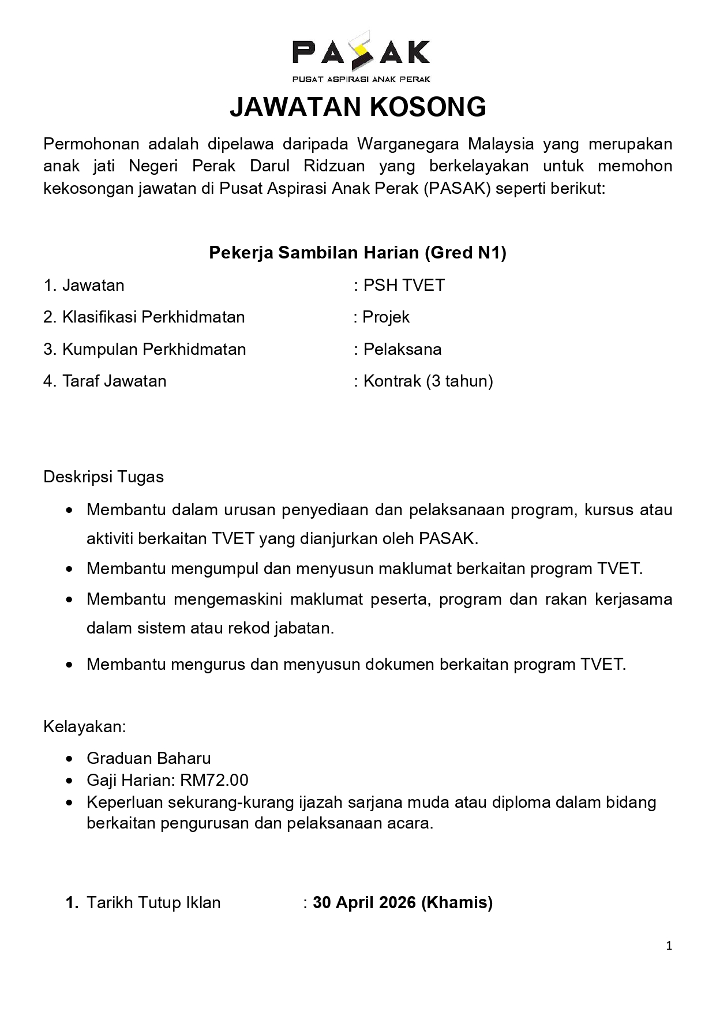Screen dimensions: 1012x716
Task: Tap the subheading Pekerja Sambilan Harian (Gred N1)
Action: pos(358,253)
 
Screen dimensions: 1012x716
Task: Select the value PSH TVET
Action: pos(404,286)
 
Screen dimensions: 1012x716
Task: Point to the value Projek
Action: pos(386,317)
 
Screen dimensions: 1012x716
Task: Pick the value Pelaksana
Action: pos(402,350)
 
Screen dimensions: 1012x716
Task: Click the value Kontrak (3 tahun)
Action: pos(428,381)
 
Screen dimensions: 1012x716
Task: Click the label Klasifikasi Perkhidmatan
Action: pos(153,317)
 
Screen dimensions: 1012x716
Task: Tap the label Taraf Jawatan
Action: pos(114,381)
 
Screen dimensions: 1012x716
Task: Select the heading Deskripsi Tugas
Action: pos(104,477)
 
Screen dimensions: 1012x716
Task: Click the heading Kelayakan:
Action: pos(85,726)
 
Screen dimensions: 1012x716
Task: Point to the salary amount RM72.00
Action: pos(214,781)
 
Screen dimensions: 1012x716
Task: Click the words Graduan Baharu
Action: pos(149,759)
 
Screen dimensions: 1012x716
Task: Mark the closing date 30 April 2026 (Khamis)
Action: pos(403,903)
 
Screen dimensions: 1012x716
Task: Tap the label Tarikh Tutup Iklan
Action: pos(153,903)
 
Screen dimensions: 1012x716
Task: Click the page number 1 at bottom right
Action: pos(669,946)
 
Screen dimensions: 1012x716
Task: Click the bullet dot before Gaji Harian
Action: pos(70,781)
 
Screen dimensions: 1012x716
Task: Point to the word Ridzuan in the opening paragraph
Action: pos(334,166)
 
